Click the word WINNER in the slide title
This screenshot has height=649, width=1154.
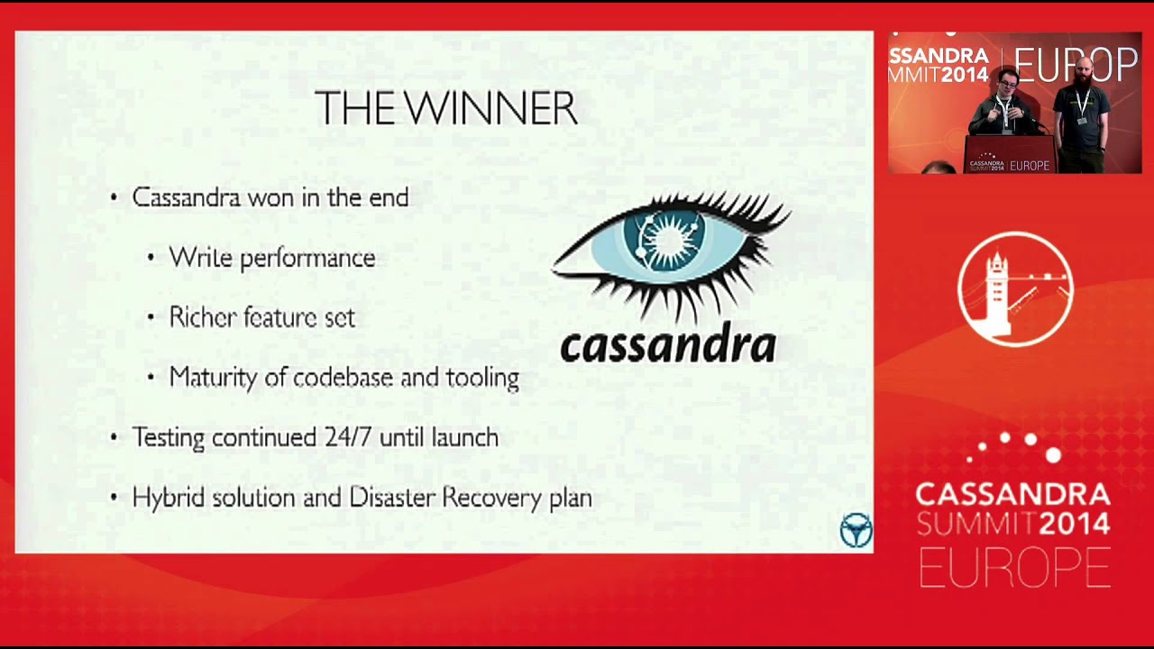click(x=490, y=109)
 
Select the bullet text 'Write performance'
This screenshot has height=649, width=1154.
click(x=271, y=258)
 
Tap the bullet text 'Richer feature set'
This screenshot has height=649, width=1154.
click(x=261, y=317)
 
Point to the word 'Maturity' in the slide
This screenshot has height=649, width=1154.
click(x=213, y=378)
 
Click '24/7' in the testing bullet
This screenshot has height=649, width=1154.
click(x=347, y=437)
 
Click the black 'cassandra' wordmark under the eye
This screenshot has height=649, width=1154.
click(x=667, y=345)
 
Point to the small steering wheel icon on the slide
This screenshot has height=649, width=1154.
click(x=856, y=530)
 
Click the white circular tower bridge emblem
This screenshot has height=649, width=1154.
click(x=1015, y=289)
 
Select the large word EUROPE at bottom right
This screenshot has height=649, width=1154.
click(x=1013, y=568)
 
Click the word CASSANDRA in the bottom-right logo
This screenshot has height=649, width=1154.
click(x=1012, y=494)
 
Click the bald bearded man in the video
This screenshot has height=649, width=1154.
click(x=1083, y=108)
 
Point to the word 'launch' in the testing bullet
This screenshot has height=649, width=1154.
click(x=464, y=437)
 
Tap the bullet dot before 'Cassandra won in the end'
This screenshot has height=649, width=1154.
click(x=114, y=198)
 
